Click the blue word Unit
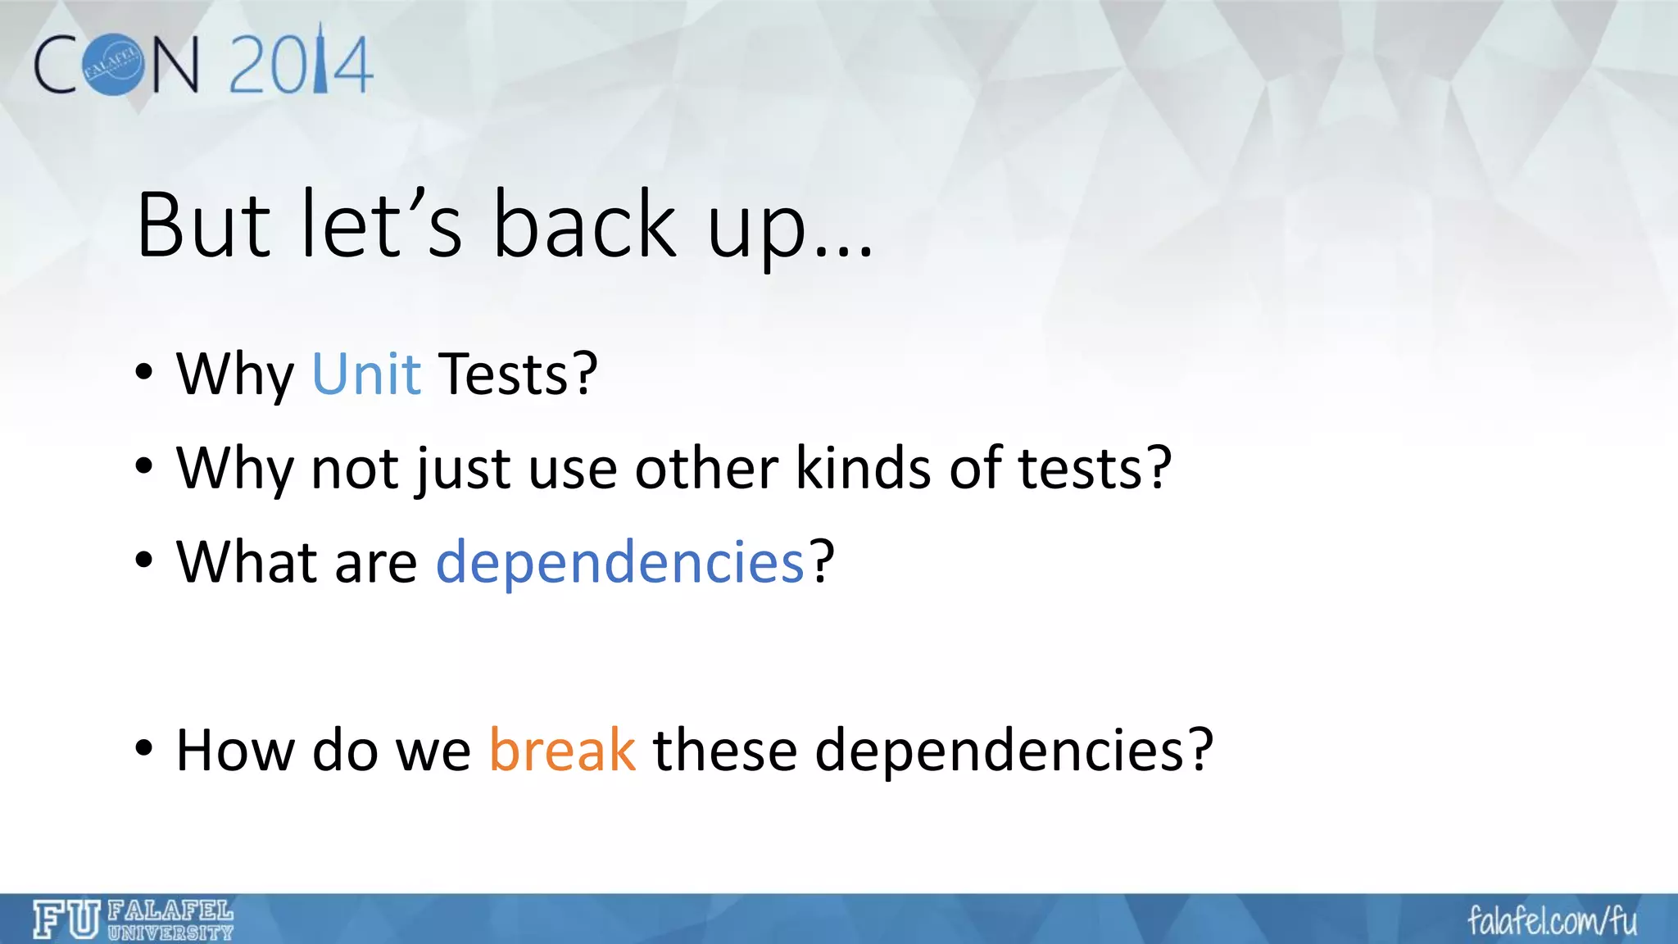click(x=366, y=374)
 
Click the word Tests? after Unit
click(x=518, y=374)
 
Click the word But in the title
click(x=203, y=225)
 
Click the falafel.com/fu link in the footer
click(x=1552, y=920)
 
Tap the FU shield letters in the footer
click(x=66, y=919)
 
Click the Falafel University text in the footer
click(x=170, y=920)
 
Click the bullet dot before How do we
click(x=144, y=748)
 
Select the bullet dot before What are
click(x=144, y=560)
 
